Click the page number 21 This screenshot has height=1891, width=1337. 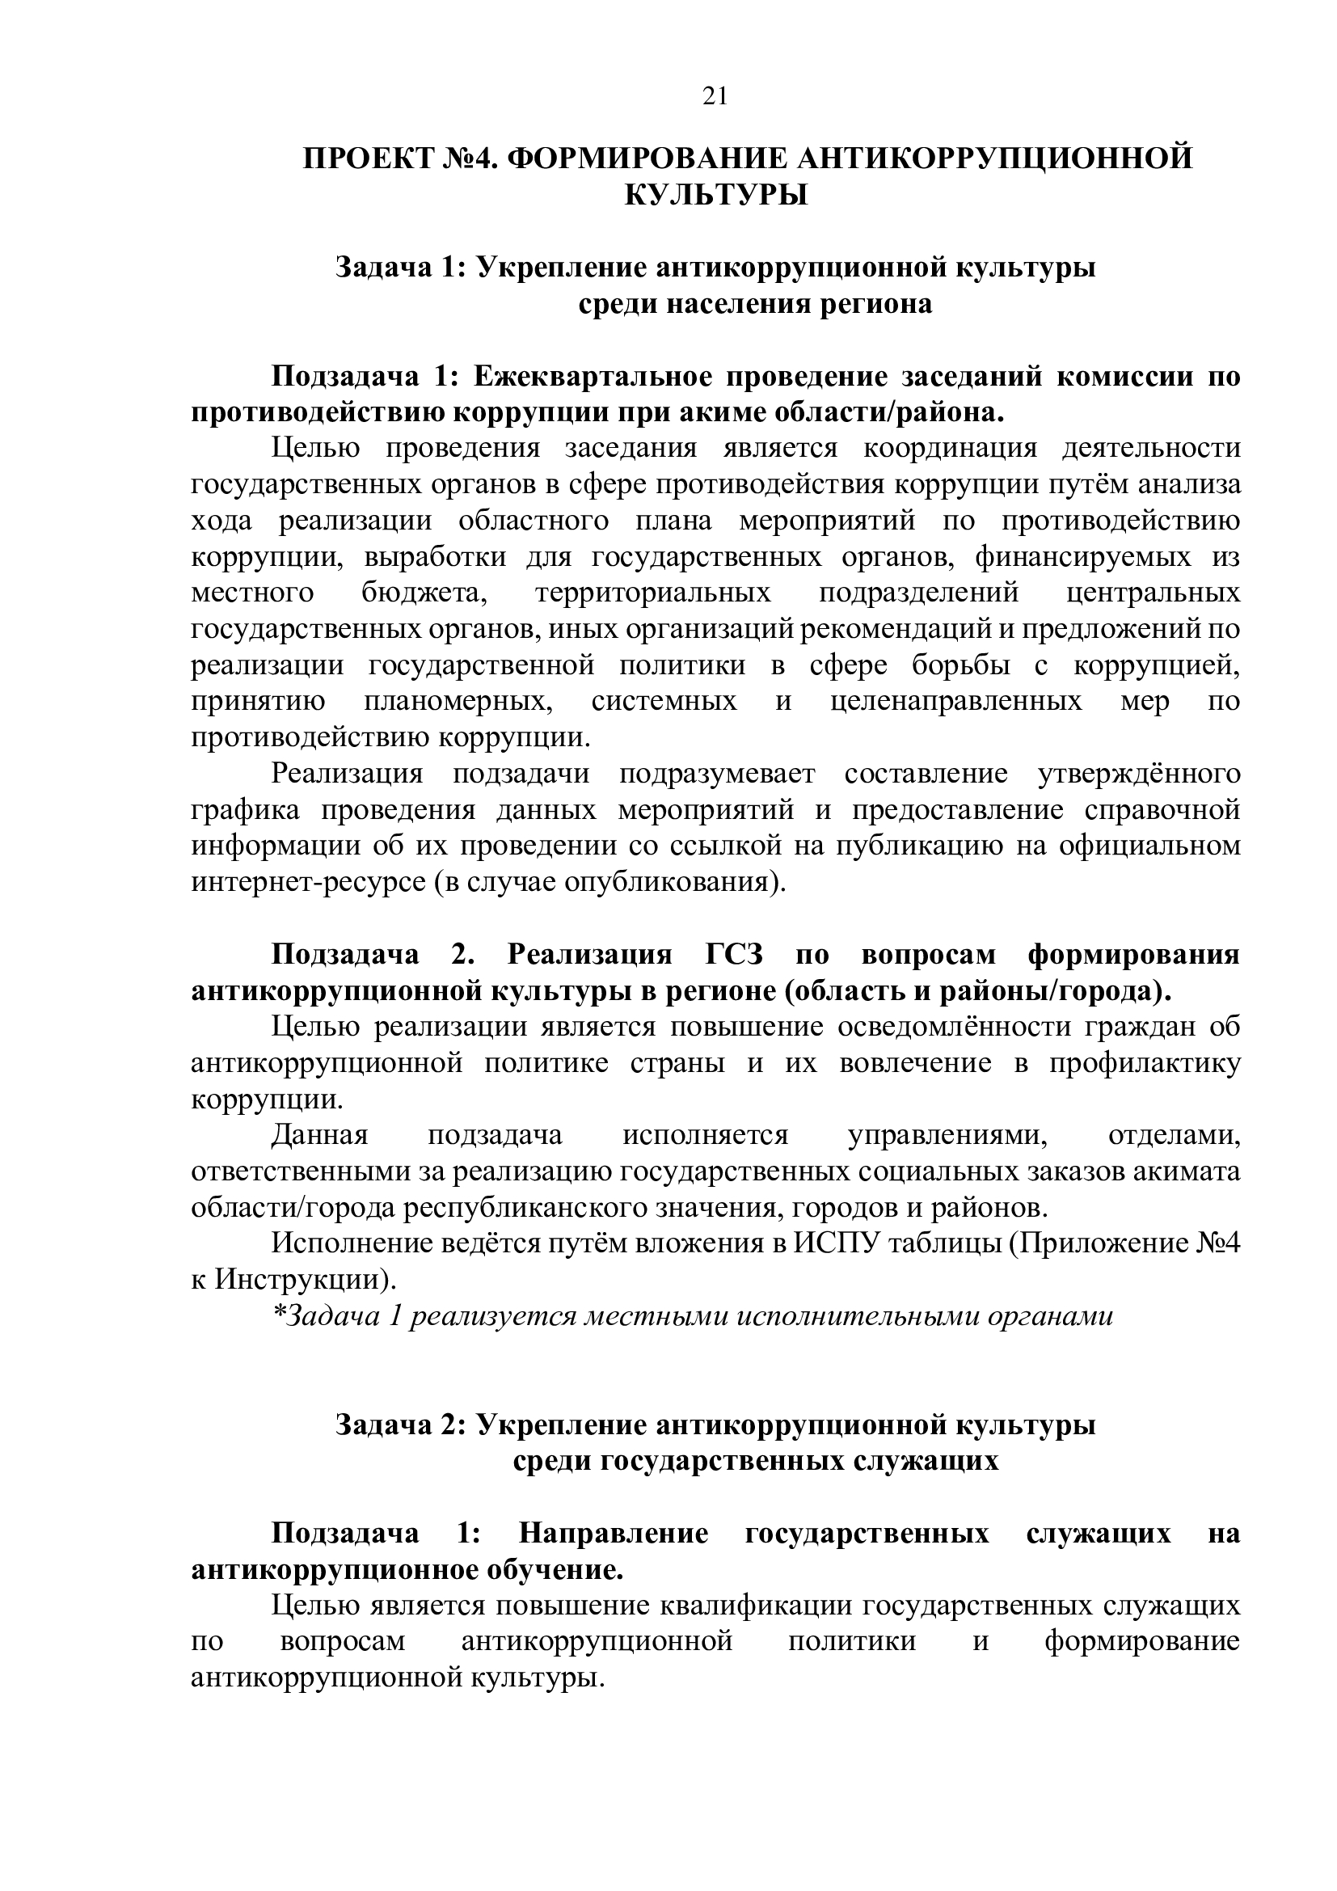click(x=715, y=97)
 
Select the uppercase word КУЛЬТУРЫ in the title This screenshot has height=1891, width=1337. click(x=715, y=195)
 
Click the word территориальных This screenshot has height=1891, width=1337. click(x=653, y=593)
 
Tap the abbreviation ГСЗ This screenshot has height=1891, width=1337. click(x=734, y=955)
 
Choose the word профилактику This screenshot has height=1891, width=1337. click(x=1145, y=1063)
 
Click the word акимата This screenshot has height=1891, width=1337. click(x=1186, y=1171)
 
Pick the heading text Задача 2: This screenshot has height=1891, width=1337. click(x=401, y=1425)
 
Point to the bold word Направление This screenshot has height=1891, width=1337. click(x=614, y=1534)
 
